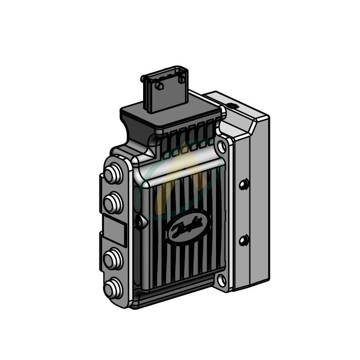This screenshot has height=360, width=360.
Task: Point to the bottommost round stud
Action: pyautogui.click(x=112, y=286)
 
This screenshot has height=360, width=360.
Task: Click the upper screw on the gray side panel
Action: pyautogui.click(x=244, y=184)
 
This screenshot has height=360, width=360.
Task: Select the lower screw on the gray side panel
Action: pyautogui.click(x=244, y=239)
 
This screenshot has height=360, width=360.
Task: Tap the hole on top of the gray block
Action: pyautogui.click(x=232, y=105)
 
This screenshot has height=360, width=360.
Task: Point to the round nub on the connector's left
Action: pyautogui.click(x=144, y=79)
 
